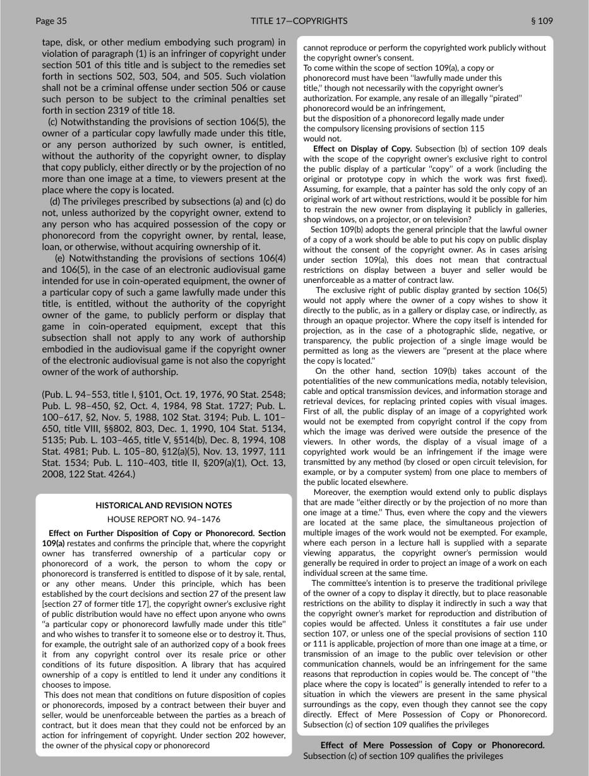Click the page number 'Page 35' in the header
51,21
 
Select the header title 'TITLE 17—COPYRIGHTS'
299,21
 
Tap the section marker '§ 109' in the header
542,21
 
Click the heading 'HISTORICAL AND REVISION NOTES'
164,505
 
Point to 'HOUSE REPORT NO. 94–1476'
164,519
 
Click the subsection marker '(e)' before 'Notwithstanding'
60,258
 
